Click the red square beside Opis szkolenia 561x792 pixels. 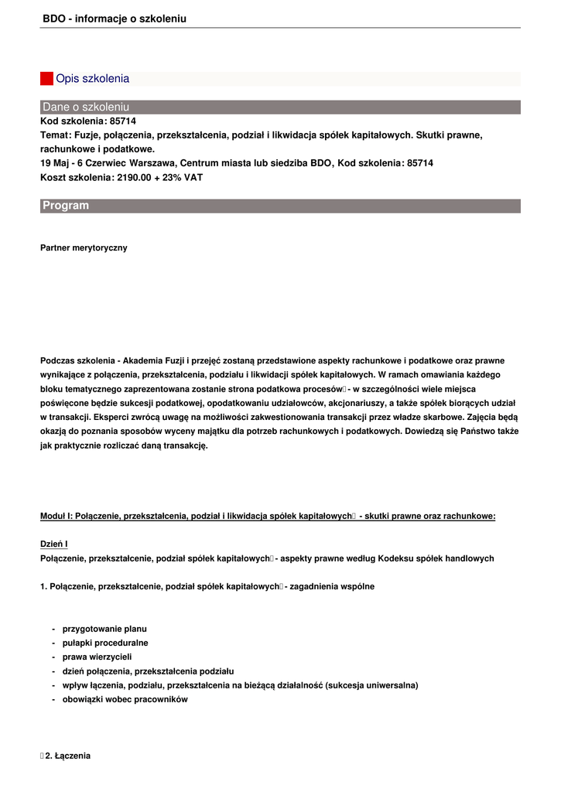46,78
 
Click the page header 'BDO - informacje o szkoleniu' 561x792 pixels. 115,19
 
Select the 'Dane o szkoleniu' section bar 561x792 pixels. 280,107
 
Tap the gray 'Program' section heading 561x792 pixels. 280,206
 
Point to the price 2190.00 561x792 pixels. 133,177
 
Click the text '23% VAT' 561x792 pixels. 184,177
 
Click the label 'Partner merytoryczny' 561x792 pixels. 84,248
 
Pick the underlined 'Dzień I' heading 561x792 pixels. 54,544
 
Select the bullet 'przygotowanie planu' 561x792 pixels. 104,629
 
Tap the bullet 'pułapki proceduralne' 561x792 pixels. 105,643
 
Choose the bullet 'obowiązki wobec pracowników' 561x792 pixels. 125,699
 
